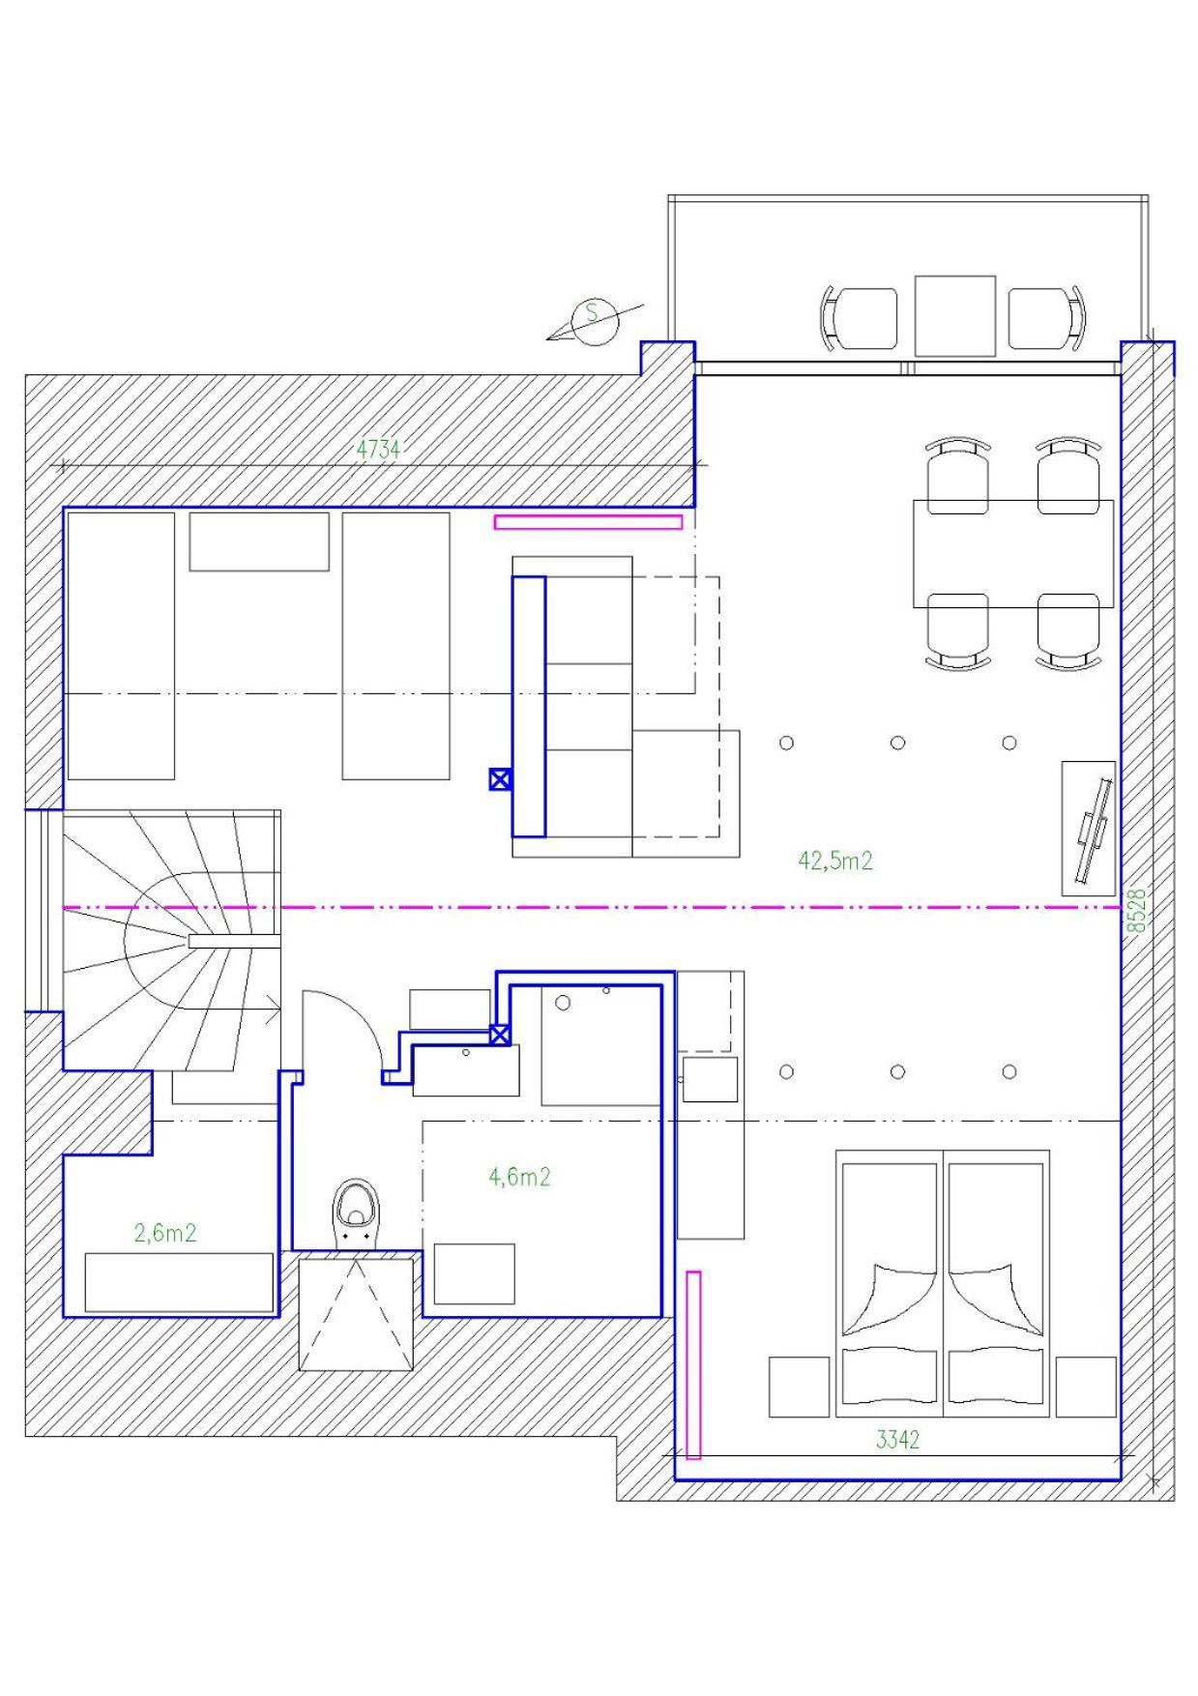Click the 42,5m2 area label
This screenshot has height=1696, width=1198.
835,861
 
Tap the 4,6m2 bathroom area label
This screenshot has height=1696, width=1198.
519,1177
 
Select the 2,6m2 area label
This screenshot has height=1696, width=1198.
165,1233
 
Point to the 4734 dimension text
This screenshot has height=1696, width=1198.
378,449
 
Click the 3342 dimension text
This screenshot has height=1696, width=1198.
897,1440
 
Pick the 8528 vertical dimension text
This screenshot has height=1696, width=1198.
1138,911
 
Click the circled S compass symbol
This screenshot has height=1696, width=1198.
592,321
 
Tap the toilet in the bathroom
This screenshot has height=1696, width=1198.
356,1214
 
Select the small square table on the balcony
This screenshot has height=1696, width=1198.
955,315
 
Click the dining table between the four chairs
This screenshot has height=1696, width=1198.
1012,553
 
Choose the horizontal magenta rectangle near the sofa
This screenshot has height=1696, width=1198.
588,522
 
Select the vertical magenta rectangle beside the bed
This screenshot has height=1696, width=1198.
693,1365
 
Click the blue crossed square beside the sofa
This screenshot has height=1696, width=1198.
500,779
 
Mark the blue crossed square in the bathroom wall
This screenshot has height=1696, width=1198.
500,1036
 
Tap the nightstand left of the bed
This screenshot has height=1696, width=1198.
799,1387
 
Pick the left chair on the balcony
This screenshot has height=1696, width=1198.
860,318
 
